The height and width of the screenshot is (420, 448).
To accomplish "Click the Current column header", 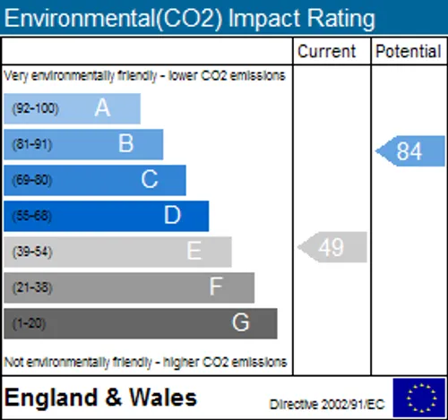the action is click(326, 51).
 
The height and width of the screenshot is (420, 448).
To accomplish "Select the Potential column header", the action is click(409, 51).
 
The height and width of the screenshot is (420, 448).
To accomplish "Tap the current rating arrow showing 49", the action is click(332, 247).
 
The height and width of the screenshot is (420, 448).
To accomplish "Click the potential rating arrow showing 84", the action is click(410, 151).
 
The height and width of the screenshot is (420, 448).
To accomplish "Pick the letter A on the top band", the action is click(102, 107).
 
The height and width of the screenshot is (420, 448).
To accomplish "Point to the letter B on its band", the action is click(125, 143).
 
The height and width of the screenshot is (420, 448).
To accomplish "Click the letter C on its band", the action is click(150, 179).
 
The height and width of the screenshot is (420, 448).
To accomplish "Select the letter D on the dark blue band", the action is click(172, 215).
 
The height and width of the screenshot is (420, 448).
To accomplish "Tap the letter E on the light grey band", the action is click(194, 251).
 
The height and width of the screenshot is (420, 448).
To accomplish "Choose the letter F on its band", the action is click(216, 287).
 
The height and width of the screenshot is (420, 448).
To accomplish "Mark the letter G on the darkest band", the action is click(240, 322).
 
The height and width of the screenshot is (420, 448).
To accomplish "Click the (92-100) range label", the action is click(35, 108).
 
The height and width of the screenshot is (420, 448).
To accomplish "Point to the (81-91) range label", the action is click(32, 144).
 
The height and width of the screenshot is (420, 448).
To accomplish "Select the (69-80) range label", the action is click(32, 180).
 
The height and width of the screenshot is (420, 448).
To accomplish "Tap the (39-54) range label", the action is click(32, 252).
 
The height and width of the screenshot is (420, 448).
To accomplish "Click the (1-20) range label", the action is click(29, 323).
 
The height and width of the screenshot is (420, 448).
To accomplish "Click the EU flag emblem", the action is click(419, 398).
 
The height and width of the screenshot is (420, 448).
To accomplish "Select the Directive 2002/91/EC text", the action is click(327, 405).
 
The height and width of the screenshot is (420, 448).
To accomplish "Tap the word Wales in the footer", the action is click(163, 398).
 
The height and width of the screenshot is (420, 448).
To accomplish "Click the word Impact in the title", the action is click(265, 19).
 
